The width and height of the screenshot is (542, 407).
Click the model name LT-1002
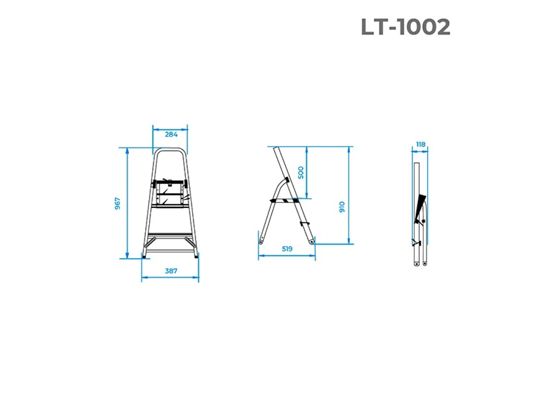(405, 28)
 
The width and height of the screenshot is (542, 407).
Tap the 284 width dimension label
(171, 134)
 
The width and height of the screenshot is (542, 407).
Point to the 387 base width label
(171, 271)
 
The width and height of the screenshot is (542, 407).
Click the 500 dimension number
(301, 172)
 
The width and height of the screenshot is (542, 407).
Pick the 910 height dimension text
(342, 207)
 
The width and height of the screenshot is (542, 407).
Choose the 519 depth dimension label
(287, 249)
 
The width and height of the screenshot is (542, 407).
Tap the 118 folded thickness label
(420, 145)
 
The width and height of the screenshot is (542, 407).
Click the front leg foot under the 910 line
(311, 242)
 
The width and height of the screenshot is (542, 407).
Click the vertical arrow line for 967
(127, 203)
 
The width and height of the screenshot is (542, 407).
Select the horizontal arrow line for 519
(287, 256)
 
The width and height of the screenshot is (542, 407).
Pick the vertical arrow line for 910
(349, 194)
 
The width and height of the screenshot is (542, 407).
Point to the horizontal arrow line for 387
(170, 278)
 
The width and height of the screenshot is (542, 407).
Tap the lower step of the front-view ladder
(170, 236)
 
